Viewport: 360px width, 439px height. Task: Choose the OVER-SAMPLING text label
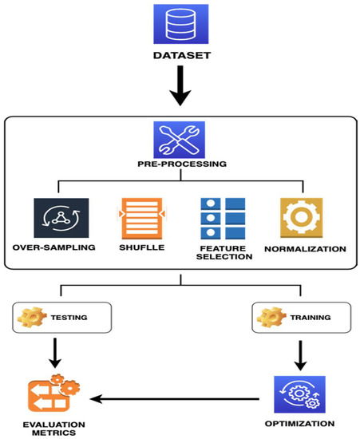(x=53, y=248)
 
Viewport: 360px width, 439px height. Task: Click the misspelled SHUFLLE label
(x=140, y=248)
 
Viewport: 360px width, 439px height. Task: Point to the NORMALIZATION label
(x=304, y=249)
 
